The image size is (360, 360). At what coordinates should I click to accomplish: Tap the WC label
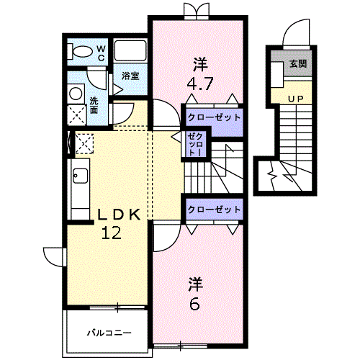click(101, 52)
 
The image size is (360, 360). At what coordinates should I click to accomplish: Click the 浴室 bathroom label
click(130, 76)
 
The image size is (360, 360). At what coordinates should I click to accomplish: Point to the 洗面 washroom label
click(94, 105)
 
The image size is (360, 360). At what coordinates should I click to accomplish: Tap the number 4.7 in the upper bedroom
click(199, 82)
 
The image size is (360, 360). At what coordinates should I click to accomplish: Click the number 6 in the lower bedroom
click(194, 304)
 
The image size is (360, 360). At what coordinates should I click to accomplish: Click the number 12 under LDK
click(111, 233)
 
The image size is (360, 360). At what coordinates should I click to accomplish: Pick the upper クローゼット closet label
click(212, 116)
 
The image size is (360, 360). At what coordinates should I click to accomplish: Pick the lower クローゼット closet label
click(212, 209)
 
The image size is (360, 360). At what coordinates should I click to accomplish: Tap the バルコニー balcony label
click(109, 333)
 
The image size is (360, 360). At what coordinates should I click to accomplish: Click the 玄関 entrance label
click(298, 64)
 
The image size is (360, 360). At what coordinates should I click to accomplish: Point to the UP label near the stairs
click(296, 98)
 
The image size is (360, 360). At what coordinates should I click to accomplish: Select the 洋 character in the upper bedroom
click(199, 60)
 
